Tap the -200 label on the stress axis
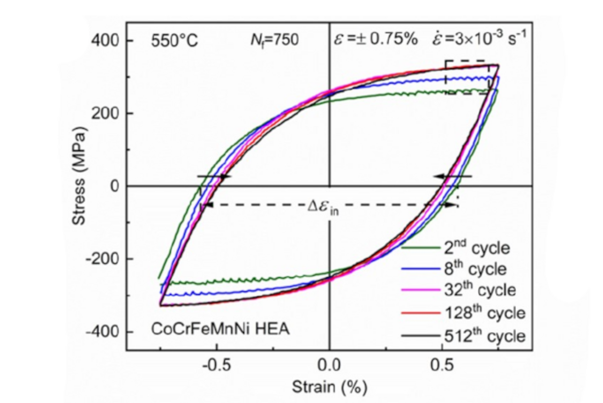[x=105, y=259]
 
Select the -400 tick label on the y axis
[x=105, y=332]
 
